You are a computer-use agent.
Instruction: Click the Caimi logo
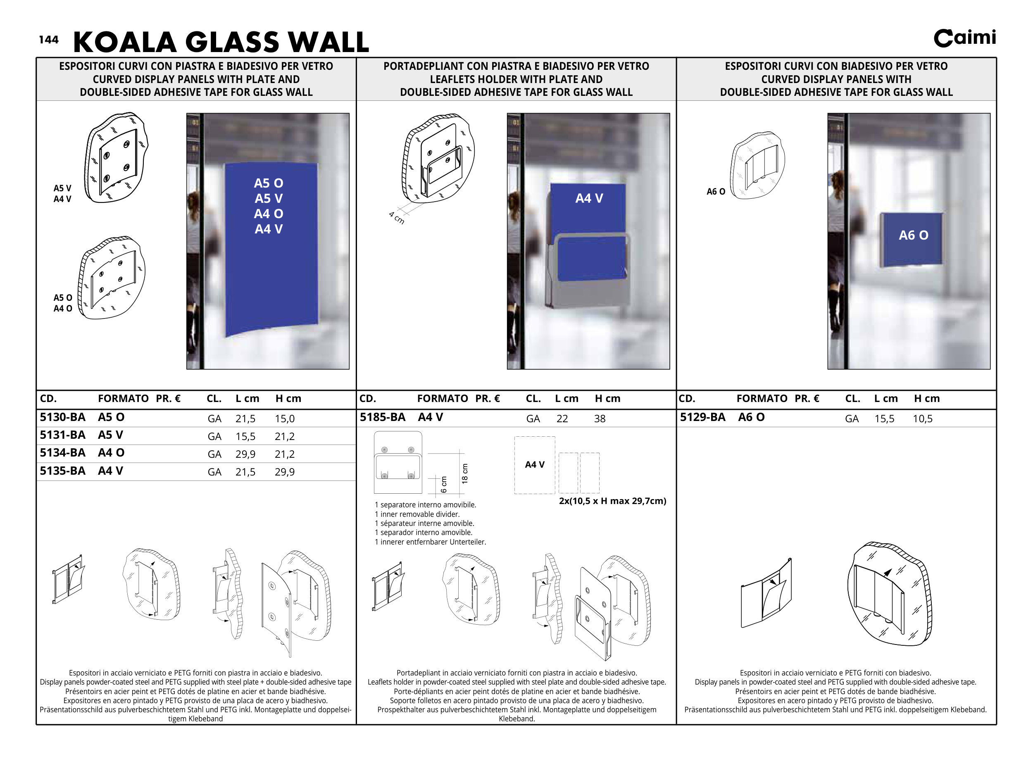pyautogui.click(x=964, y=38)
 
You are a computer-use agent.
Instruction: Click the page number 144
pyautogui.click(x=48, y=40)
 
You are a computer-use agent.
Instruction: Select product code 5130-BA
pyautogui.click(x=63, y=417)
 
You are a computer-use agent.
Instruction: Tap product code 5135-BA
pyautogui.click(x=63, y=471)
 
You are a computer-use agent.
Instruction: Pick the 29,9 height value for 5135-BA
pyautogui.click(x=284, y=472)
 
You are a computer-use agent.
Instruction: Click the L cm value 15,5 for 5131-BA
pyautogui.click(x=245, y=437)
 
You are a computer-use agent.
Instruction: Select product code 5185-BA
pyautogui.click(x=383, y=417)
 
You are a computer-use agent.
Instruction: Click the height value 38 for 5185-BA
pyautogui.click(x=600, y=419)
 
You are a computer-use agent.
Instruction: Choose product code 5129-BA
pyautogui.click(x=702, y=417)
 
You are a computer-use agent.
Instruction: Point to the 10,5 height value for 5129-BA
pyautogui.click(x=922, y=419)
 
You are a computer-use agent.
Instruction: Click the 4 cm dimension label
pyautogui.click(x=396, y=217)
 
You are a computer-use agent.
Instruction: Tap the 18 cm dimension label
pyautogui.click(x=464, y=473)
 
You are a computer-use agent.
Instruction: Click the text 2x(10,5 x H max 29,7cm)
pyautogui.click(x=612, y=501)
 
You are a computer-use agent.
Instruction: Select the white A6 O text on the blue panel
pyautogui.click(x=913, y=235)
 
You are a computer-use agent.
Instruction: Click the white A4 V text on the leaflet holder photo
pyautogui.click(x=589, y=199)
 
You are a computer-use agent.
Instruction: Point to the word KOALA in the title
pyautogui.click(x=125, y=43)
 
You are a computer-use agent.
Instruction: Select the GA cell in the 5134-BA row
pyautogui.click(x=214, y=454)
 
